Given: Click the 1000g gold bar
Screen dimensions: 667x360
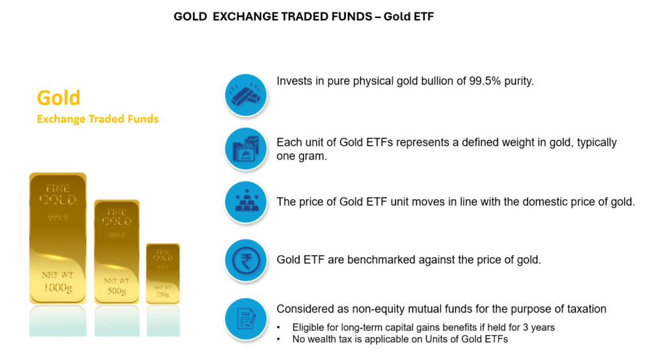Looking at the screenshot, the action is click(58, 238).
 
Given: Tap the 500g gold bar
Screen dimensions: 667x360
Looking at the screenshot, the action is click(117, 252).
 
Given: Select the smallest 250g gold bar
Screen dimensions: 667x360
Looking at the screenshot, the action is click(163, 273).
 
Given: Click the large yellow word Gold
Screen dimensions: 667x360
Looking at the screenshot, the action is click(59, 98).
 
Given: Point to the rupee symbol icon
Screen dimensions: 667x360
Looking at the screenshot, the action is click(246, 260).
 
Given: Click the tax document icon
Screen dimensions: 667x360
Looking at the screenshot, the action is click(246, 319).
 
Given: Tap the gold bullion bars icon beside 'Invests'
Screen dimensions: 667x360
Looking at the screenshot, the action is click(246, 95).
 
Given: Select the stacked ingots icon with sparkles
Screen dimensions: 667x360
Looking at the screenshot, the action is click(246, 202).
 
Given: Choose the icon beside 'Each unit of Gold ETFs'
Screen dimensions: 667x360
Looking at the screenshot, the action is click(246, 149).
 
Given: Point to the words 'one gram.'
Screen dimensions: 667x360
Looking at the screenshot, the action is click(302, 156).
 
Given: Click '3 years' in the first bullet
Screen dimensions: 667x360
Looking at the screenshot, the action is click(540, 327).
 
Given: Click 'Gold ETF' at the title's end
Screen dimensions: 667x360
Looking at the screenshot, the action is click(409, 16).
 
